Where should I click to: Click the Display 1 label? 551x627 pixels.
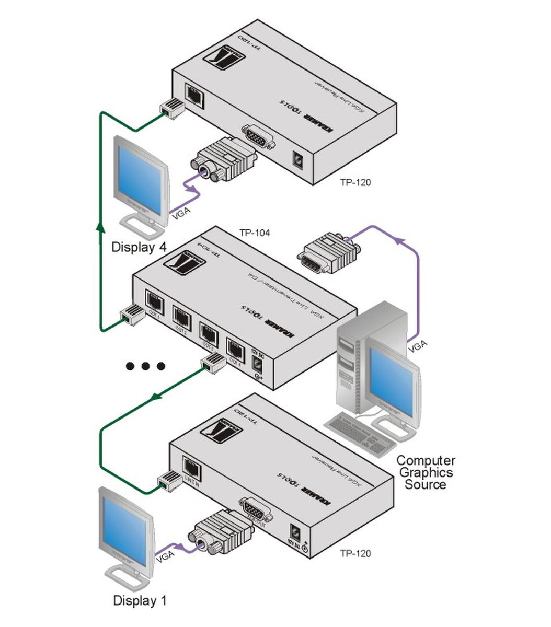click(140, 601)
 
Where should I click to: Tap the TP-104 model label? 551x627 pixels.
click(255, 233)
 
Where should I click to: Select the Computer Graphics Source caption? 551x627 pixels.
click(426, 472)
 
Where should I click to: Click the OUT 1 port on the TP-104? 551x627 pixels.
click(154, 300)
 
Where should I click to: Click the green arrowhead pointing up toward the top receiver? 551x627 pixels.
click(100, 226)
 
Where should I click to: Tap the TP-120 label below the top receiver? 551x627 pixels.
click(355, 182)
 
